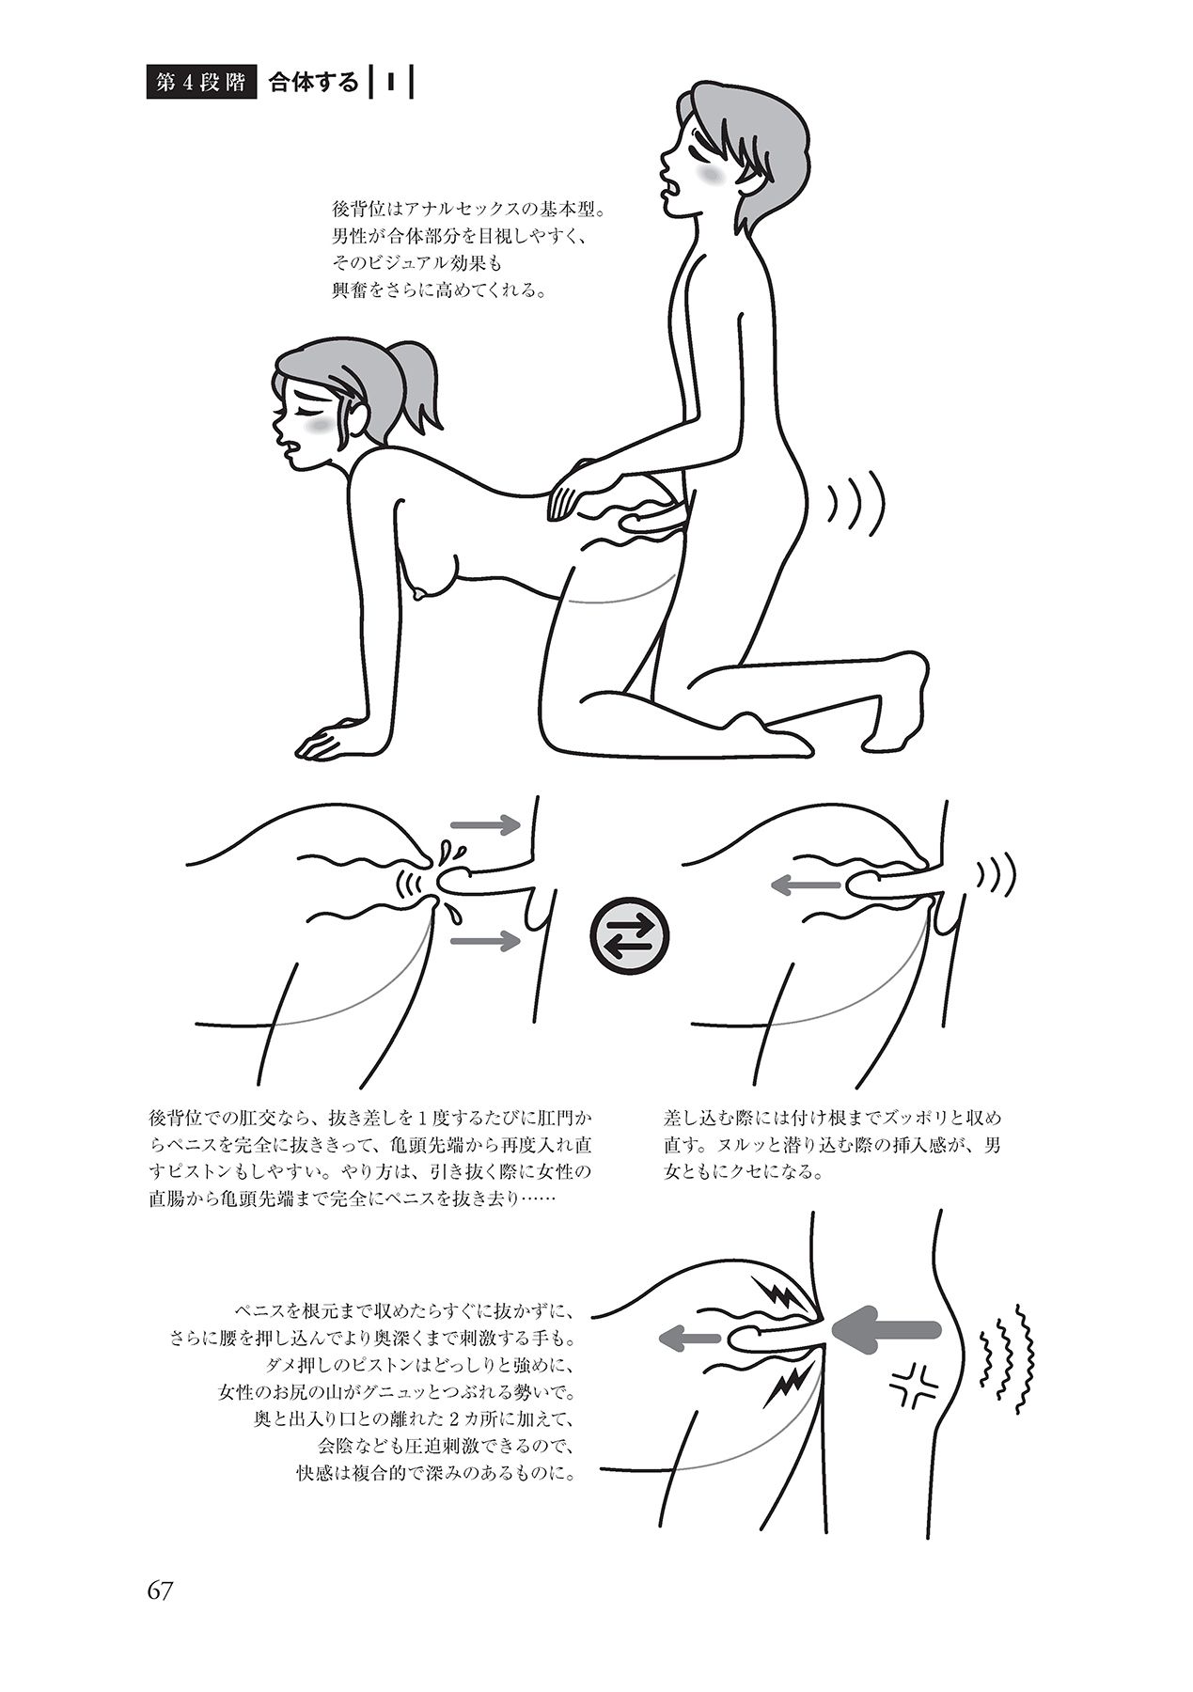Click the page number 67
161,1591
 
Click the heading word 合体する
314,83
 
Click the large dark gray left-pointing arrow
885,1328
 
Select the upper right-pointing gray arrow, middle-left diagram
485,825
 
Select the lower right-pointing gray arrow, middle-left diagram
485,939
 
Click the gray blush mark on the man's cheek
713,177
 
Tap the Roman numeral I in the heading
386,83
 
